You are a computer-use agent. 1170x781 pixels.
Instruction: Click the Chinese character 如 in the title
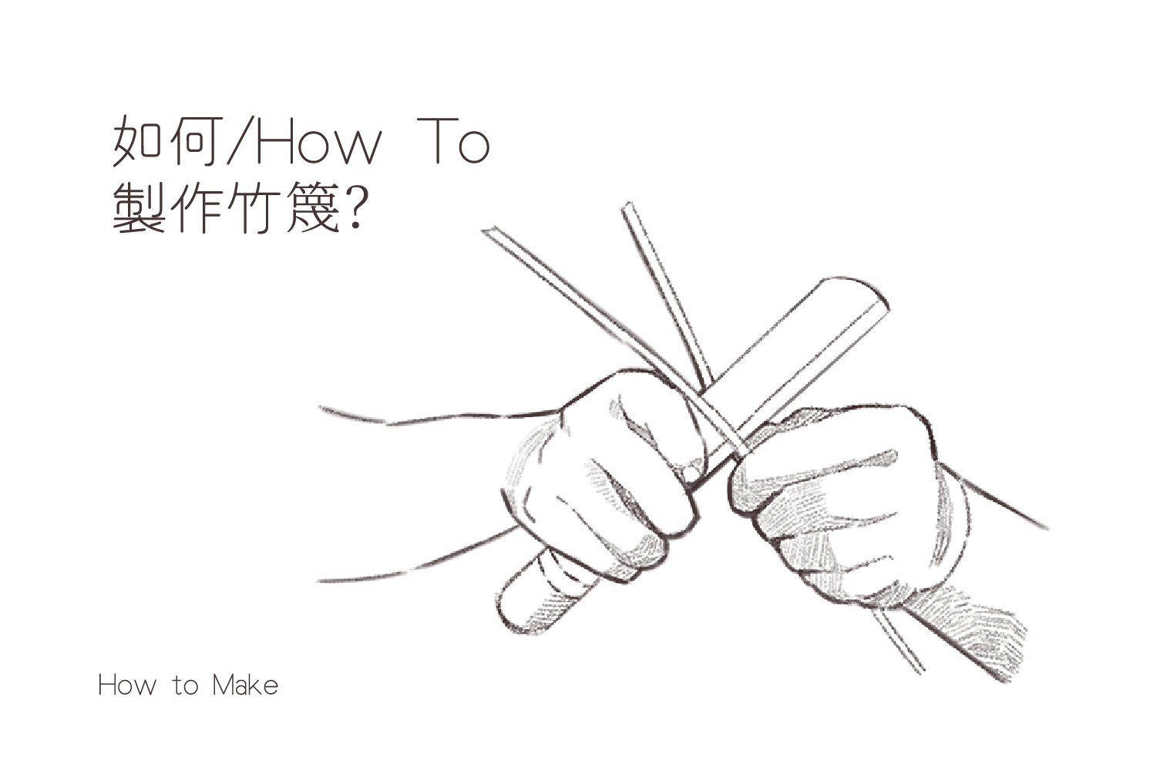coord(137,141)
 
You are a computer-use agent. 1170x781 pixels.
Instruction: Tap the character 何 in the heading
coord(194,141)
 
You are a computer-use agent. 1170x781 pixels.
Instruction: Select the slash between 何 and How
coord(240,141)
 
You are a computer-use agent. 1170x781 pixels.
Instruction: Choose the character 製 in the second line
coord(137,208)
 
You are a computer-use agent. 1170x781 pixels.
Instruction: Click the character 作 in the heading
coord(194,208)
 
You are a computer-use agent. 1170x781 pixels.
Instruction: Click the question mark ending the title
coord(358,208)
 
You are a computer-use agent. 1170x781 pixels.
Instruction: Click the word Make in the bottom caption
coord(245,685)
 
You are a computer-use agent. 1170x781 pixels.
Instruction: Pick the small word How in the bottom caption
coord(127,685)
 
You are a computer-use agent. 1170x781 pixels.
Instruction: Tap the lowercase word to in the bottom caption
coord(185,686)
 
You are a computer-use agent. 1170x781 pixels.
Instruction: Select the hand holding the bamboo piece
coord(846,501)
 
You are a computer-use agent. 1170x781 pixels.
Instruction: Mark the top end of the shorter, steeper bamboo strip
coord(627,207)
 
